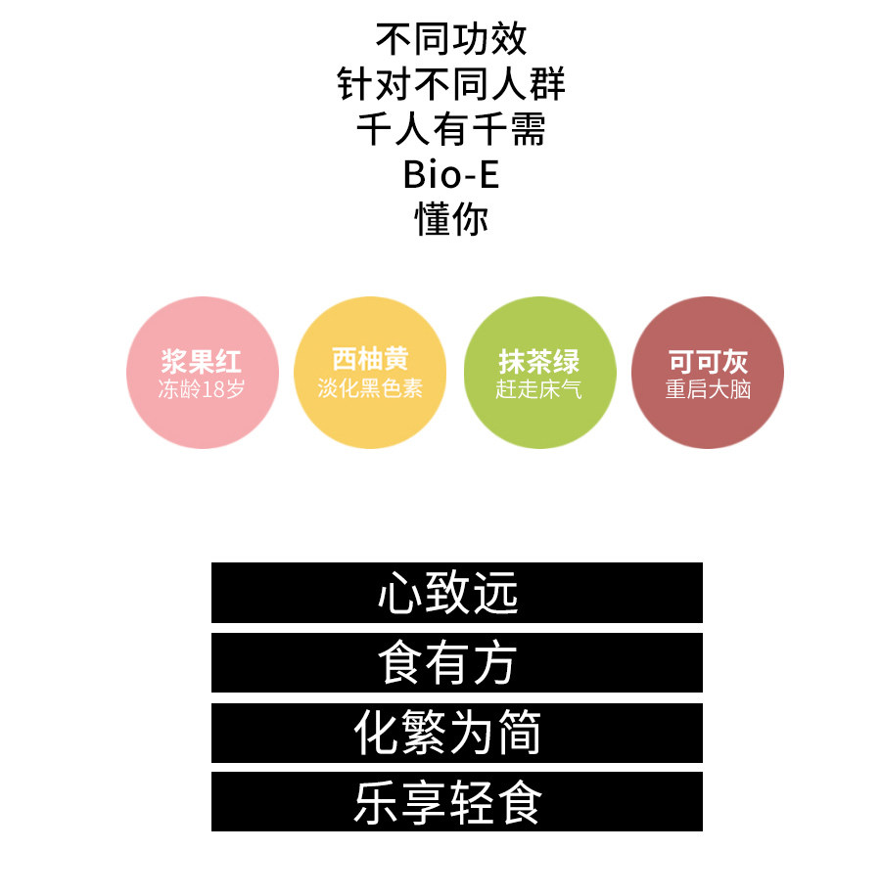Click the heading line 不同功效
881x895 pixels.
pyautogui.click(x=451, y=39)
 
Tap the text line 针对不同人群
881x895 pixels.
pyautogui.click(x=451, y=84)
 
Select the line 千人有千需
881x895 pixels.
pyautogui.click(x=451, y=129)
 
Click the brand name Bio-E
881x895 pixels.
pyautogui.click(x=451, y=175)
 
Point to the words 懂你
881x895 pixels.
pyautogui.click(x=451, y=220)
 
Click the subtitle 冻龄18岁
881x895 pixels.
pyautogui.click(x=202, y=389)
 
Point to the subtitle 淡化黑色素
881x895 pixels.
pyautogui.click(x=370, y=388)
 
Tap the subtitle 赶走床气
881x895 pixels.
pyautogui.click(x=539, y=389)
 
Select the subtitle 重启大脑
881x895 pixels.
pyautogui.click(x=708, y=389)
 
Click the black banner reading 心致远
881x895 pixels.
pyautogui.click(x=456, y=593)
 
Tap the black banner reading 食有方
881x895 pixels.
pyautogui.click(x=456, y=663)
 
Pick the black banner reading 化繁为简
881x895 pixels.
pyautogui.click(x=456, y=734)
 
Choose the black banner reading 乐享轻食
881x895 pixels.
pyautogui.click(x=456, y=802)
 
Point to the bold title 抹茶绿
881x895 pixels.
pyautogui.click(x=539, y=361)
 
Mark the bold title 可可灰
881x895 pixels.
pyautogui.click(x=708, y=361)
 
